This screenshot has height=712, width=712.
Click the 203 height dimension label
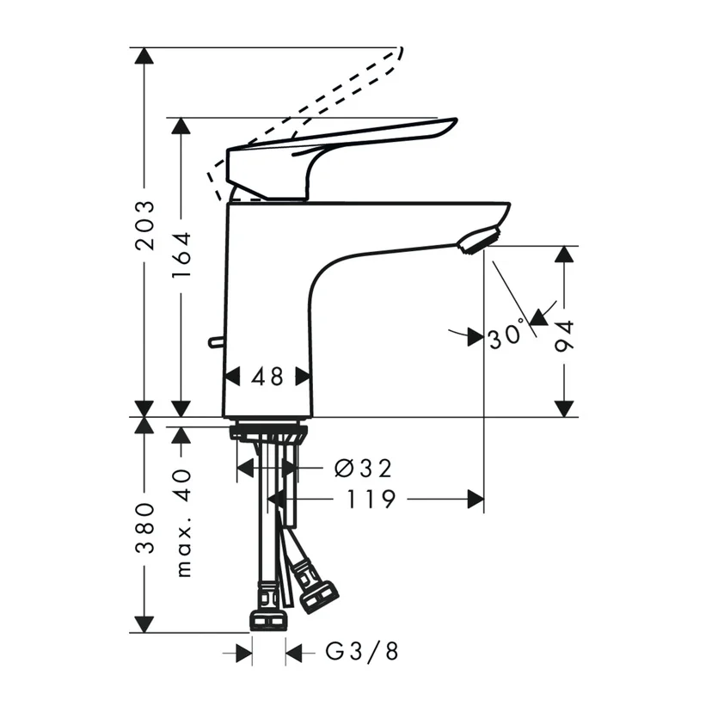tap(145, 225)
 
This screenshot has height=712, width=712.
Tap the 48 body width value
tap(267, 377)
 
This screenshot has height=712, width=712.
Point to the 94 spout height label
tap(564, 335)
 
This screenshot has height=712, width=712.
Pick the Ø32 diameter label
tap(362, 468)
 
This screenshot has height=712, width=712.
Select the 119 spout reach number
tap(371, 499)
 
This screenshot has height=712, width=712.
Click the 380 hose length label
tap(145, 529)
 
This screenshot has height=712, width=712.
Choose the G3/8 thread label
tap(362, 652)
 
